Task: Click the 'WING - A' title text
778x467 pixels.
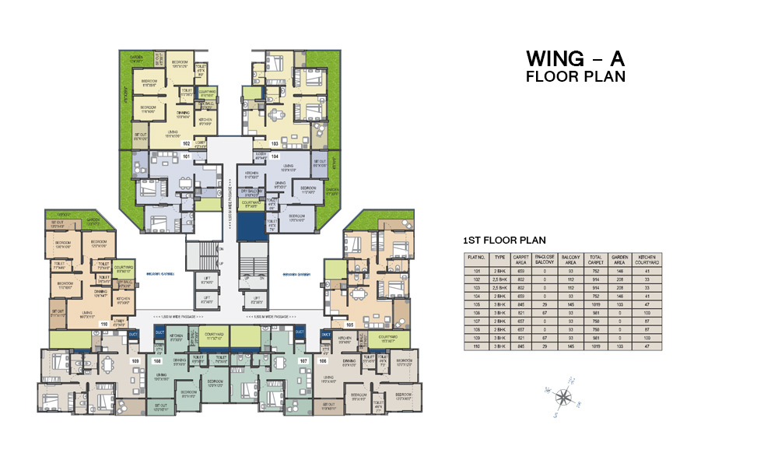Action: (575, 59)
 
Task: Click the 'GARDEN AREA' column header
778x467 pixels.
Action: (620, 260)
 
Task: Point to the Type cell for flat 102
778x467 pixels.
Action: (499, 278)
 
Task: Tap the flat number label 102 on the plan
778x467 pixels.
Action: (186, 144)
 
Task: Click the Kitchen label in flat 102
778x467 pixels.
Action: (205, 121)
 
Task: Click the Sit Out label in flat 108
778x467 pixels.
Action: (160, 406)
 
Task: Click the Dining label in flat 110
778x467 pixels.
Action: (101, 294)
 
